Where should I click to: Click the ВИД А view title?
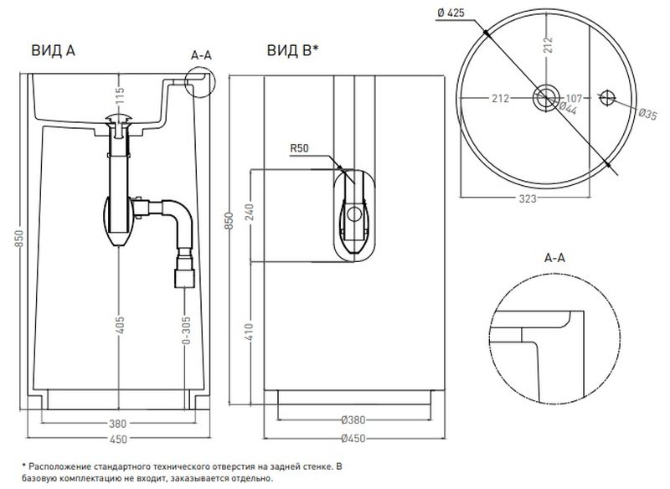click(53, 50)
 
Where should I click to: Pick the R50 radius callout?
click(300, 151)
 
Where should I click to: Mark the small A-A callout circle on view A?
click(201, 81)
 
